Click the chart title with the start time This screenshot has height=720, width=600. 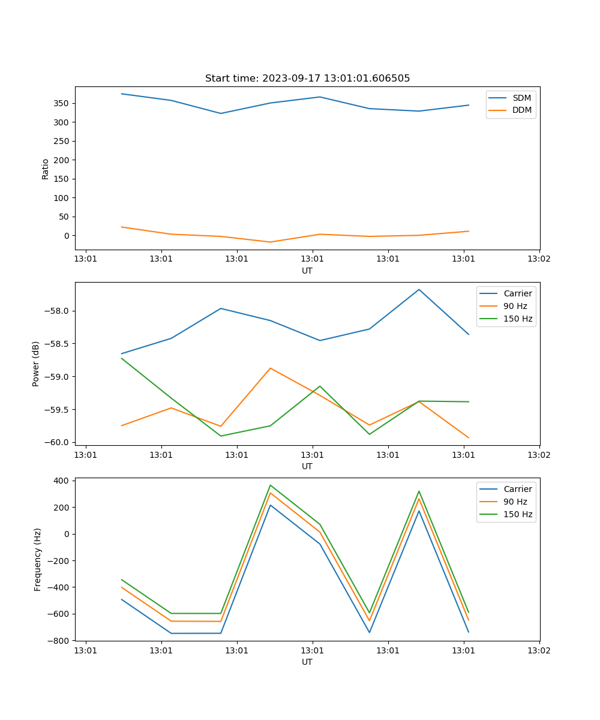pos(307,79)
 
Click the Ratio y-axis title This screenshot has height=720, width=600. pos(46,169)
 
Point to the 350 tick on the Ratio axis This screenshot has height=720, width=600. pos(62,103)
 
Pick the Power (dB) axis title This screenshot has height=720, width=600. pos(36,364)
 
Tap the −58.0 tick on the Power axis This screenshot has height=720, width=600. pos(58,311)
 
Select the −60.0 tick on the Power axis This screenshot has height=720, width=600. pos(58,442)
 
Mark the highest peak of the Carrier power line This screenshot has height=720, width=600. pos(419,289)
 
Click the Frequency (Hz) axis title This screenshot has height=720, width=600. pos(38,559)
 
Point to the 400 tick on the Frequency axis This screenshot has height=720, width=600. pos(62,481)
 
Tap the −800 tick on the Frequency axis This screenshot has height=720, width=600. pos(59,641)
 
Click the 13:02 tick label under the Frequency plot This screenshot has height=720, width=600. pos(539,650)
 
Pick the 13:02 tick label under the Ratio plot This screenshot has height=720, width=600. pos(539,259)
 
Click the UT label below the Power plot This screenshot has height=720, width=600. pos(307,466)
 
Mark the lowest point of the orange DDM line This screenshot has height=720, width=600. pos(270,242)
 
